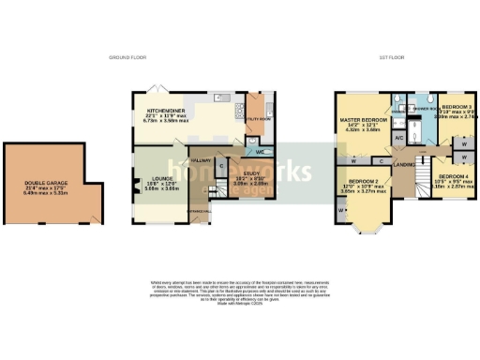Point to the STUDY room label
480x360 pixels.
point(242,174)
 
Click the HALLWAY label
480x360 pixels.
point(201,160)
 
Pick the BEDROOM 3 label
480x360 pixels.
point(457,108)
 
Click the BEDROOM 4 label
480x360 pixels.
point(455,176)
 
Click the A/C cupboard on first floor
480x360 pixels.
point(398,137)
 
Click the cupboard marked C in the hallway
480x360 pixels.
point(220,168)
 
